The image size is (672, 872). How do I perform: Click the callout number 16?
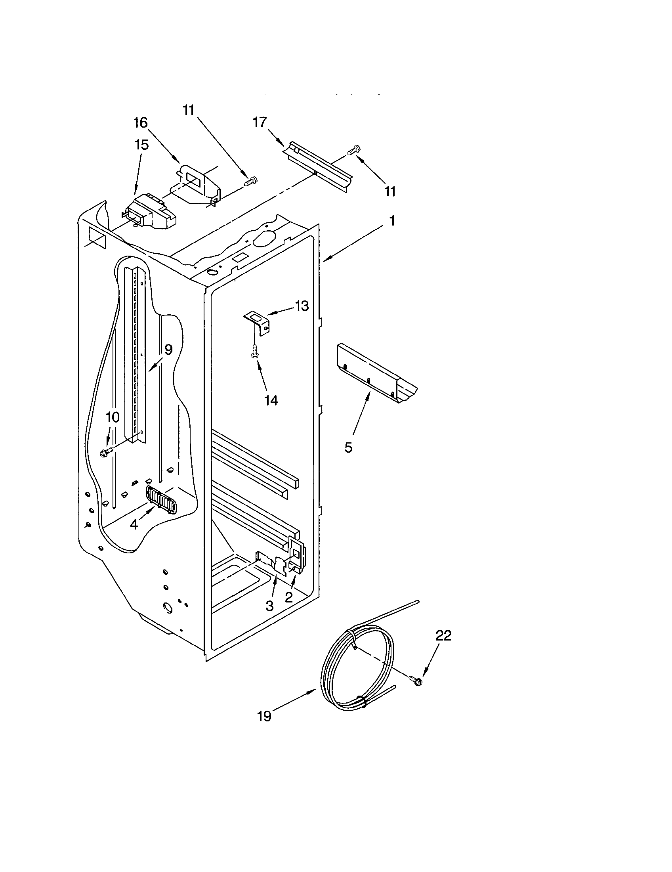point(141,122)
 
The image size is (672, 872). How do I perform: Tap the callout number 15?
point(142,145)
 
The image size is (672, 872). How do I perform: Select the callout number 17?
point(260,122)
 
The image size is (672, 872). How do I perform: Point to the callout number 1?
point(392,220)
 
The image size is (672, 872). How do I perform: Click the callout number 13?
point(302,306)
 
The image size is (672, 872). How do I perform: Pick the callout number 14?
point(271,400)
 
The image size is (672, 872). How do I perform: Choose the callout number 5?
point(348,447)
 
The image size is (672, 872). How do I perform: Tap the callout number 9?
point(168,350)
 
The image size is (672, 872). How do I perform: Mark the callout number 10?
point(113,417)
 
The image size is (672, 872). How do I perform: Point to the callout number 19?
point(264,716)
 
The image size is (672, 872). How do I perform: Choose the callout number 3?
point(270,606)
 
